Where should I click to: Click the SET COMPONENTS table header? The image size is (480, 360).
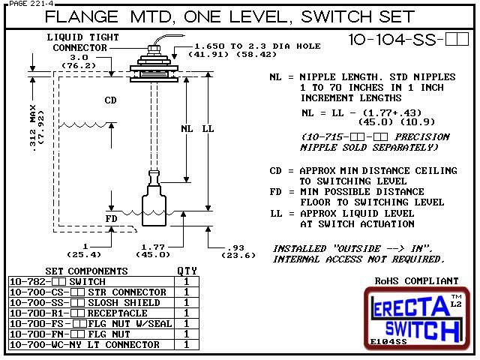(76, 271)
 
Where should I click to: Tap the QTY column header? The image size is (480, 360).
(184, 271)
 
